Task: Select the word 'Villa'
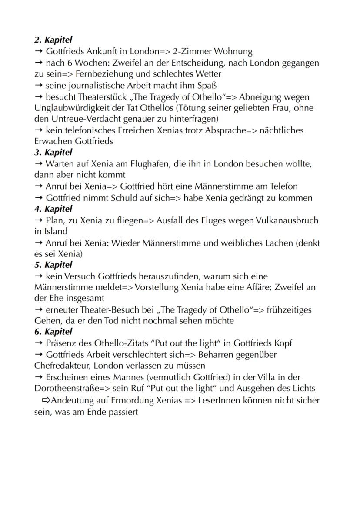pyautogui.click(x=273, y=377)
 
